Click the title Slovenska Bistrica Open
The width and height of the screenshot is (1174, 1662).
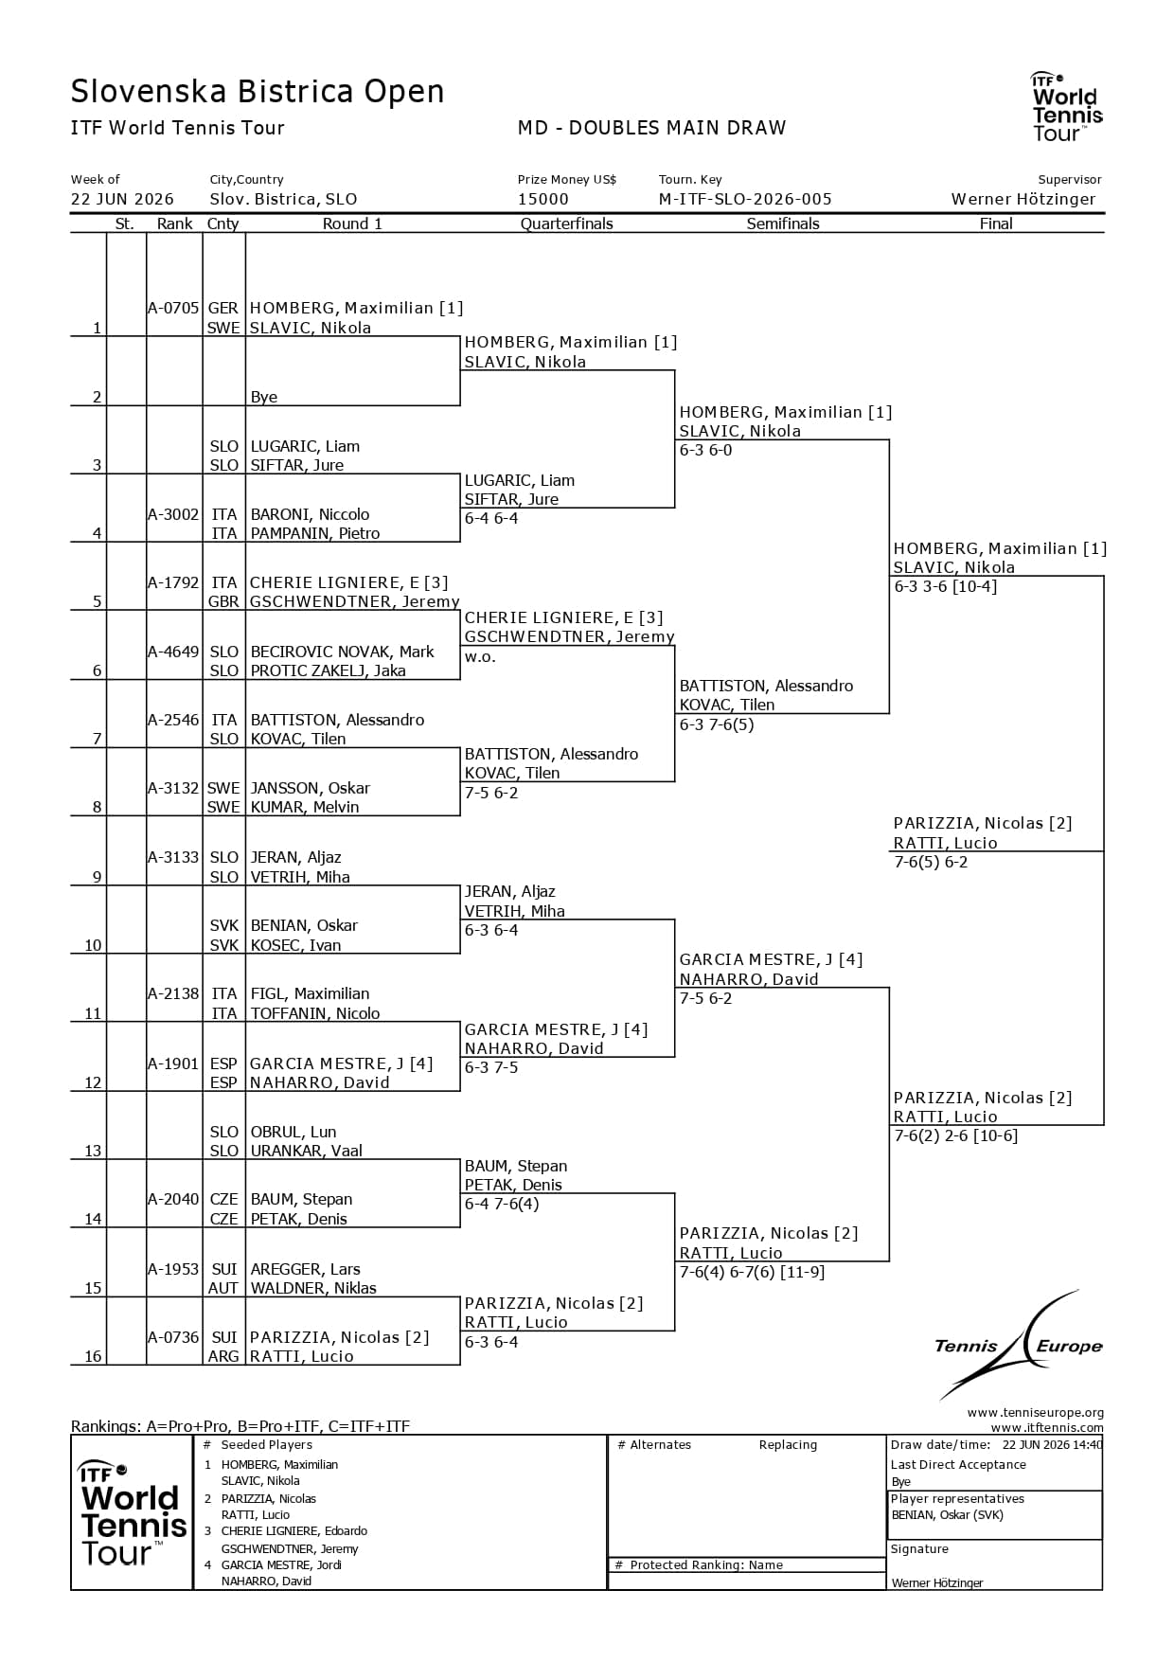(258, 92)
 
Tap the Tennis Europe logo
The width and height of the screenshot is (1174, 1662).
(1019, 1345)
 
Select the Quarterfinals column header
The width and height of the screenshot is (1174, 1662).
(567, 223)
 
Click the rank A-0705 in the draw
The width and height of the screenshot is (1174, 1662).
(173, 308)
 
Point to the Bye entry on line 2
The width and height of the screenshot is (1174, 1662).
(264, 397)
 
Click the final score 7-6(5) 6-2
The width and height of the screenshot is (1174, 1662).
(932, 862)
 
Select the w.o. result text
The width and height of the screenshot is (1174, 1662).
(480, 656)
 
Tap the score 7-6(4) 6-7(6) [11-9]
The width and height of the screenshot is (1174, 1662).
(752, 1272)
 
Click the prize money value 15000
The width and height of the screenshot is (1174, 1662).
(543, 199)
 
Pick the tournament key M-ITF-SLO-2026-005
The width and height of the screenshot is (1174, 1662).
(745, 199)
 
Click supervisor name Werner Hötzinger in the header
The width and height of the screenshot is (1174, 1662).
(1023, 199)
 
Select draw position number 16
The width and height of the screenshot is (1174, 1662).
(93, 1356)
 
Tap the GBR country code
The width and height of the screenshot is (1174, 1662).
(223, 601)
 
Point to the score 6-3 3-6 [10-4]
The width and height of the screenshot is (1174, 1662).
(946, 586)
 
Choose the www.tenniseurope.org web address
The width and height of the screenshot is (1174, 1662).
(1036, 1413)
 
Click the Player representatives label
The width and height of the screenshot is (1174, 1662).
(957, 1498)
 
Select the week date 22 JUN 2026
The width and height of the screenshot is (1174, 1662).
(122, 199)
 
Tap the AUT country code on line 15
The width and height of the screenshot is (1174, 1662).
(223, 1288)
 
